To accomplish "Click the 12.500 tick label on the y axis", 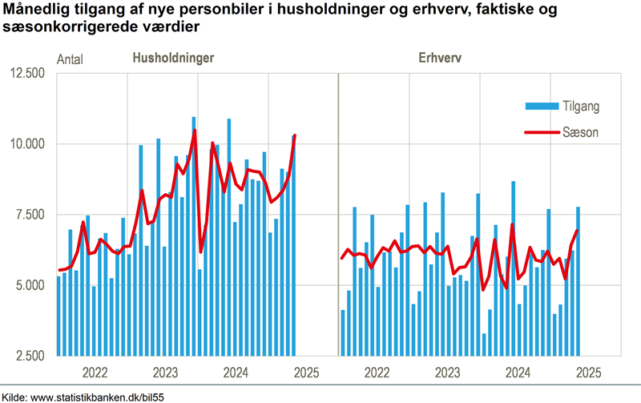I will [29, 74].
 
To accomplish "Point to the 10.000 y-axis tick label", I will [29, 144].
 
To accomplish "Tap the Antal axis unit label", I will [71, 58].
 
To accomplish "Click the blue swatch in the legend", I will [540, 106].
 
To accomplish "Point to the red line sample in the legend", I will [540, 132].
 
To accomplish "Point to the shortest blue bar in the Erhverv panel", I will [484, 345].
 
